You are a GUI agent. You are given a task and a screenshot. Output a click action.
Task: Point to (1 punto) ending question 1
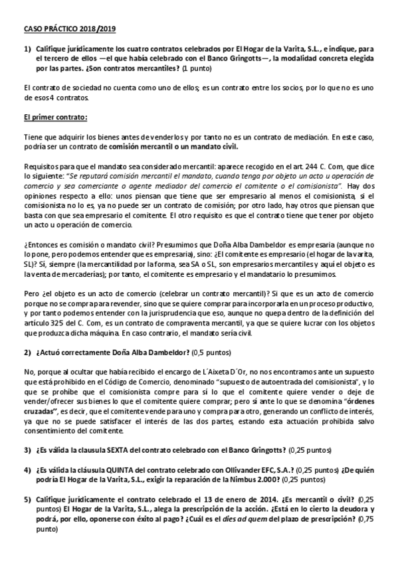197,68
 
